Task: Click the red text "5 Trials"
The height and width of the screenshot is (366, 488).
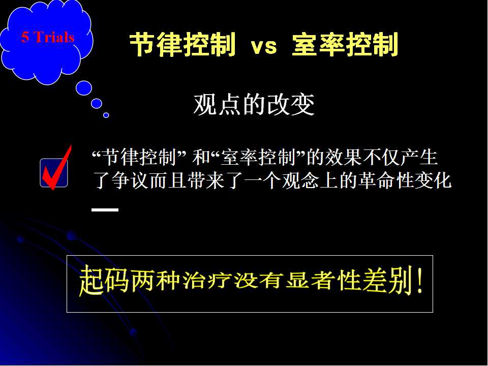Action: [48, 37]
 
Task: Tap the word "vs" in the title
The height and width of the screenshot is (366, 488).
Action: [264, 46]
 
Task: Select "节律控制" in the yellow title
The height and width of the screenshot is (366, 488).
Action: [182, 45]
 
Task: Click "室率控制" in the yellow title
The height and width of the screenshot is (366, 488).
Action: [345, 45]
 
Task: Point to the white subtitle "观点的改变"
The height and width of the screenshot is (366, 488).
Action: [254, 104]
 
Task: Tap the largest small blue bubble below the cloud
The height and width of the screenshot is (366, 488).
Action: [84, 88]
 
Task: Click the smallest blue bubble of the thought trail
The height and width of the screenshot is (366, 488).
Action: [106, 115]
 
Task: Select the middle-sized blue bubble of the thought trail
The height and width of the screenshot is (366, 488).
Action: [97, 103]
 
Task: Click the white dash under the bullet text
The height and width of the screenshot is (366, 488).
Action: [105, 210]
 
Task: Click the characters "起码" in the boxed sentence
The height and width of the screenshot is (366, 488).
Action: [104, 281]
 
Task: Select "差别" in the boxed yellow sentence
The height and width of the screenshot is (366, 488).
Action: [388, 281]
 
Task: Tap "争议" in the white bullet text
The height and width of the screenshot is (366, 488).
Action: [131, 180]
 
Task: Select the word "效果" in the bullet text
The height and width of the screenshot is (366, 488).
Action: [343, 157]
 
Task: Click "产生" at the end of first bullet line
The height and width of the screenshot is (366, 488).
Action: [419, 157]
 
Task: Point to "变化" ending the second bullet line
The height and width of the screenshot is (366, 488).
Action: [433, 180]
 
